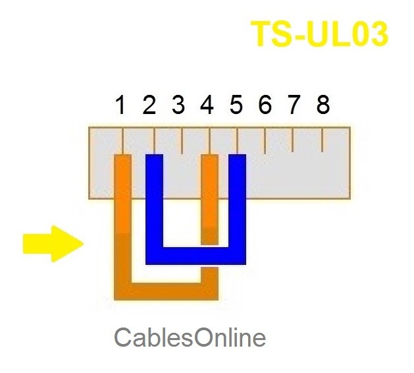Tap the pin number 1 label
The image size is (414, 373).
click(x=120, y=105)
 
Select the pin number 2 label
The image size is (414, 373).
click(x=149, y=105)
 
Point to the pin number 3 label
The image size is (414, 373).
click(x=178, y=105)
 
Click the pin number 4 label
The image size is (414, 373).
click(x=207, y=105)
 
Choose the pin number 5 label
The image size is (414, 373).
click(x=236, y=105)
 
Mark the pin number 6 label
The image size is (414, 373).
click(x=265, y=105)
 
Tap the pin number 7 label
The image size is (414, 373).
click(x=294, y=105)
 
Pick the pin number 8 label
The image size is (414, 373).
click(x=323, y=105)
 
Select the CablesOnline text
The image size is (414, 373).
click(x=190, y=337)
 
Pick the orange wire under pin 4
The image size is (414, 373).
click(x=209, y=198)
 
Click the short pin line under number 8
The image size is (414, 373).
click(x=323, y=139)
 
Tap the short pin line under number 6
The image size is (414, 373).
click(x=265, y=140)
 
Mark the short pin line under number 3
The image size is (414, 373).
click(x=182, y=140)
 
